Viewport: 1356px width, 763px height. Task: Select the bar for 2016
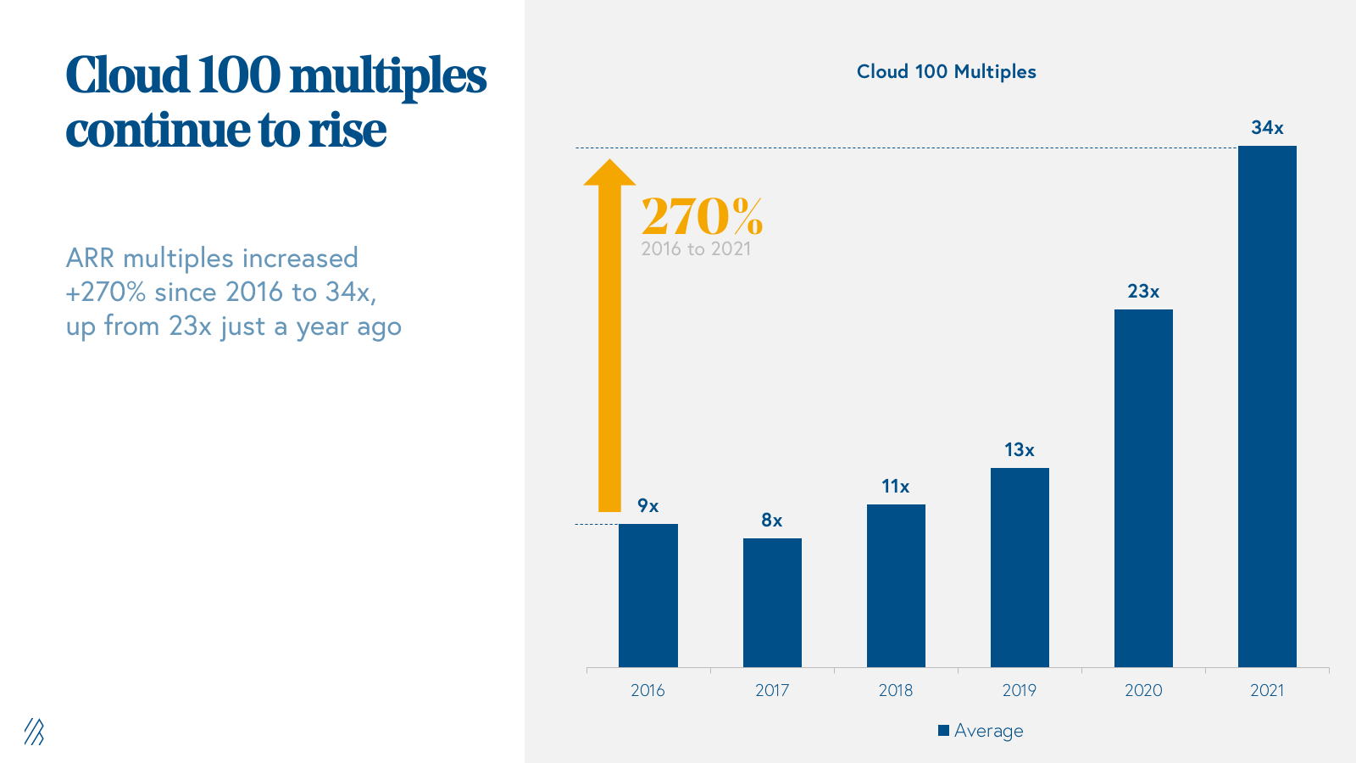pos(647,595)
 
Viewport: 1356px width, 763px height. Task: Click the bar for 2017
pos(772,603)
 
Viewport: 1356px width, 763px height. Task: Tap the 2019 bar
pos(1020,567)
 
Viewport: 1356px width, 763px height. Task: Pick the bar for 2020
pos(1143,487)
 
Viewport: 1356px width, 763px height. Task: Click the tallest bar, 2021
pos(1267,406)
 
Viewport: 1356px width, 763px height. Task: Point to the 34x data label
pos(1267,128)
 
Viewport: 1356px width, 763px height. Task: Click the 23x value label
pos(1143,292)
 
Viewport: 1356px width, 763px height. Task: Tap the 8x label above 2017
pos(771,521)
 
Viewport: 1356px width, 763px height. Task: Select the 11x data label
pos(895,487)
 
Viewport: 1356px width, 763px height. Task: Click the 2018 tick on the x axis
pos(896,690)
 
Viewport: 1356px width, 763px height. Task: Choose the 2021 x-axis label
pos(1267,690)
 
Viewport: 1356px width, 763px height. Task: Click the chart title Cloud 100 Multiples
pos(946,72)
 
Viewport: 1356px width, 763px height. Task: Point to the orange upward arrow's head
pos(609,172)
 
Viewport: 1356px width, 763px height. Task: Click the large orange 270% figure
pos(702,216)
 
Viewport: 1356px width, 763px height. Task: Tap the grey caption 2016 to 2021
pos(696,249)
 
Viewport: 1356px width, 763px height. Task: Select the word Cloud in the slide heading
pos(127,76)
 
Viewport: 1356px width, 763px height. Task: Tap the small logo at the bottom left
pos(34,732)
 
